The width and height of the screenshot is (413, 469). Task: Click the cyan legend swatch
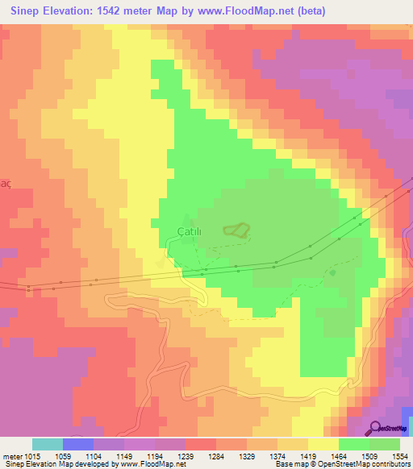coord(47,444)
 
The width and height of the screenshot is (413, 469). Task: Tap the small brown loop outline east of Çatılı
coord(236,230)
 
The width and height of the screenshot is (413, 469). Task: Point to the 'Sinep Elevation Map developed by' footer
coord(56,464)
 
